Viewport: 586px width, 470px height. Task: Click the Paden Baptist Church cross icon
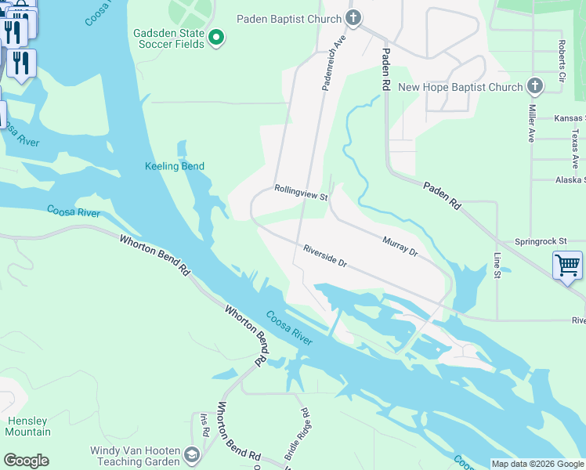[353, 18]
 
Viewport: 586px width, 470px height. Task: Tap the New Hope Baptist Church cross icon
[535, 86]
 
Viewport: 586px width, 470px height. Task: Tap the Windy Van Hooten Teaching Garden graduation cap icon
[191, 455]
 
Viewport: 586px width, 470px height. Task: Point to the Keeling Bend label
[175, 166]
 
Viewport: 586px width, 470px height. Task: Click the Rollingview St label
[301, 192]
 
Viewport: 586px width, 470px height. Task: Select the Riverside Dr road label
[326, 257]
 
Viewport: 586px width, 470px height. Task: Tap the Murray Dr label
[400, 246]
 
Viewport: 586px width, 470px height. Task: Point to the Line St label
[497, 265]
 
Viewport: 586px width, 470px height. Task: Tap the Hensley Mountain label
[27, 427]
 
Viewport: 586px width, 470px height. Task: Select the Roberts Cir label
[562, 61]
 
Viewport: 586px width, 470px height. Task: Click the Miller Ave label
[531, 123]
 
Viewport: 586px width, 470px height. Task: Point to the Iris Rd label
[205, 425]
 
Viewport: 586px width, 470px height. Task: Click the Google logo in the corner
[26, 461]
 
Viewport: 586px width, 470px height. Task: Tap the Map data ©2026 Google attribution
[537, 464]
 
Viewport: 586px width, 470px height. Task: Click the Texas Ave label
[575, 149]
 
